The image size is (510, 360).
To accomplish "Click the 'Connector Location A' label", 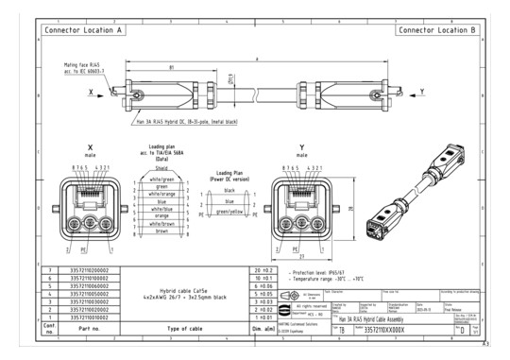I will (84, 30).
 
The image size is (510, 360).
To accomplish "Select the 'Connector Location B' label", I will (436, 30).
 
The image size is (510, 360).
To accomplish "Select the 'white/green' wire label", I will (161, 178).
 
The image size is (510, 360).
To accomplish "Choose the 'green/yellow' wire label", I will (229, 211).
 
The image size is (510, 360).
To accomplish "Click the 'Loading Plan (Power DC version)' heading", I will (229, 177).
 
